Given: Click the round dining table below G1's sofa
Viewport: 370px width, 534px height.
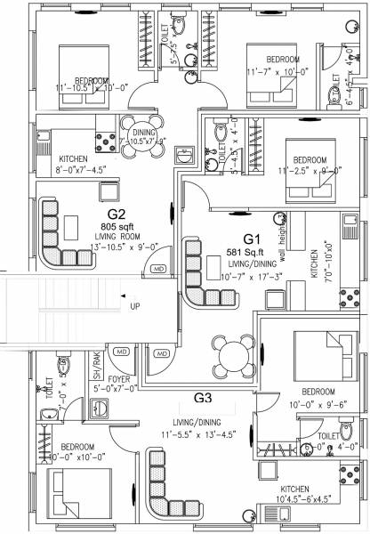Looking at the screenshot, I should click(233, 354).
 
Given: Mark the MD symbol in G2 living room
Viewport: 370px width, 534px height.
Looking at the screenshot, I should click(159, 269).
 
